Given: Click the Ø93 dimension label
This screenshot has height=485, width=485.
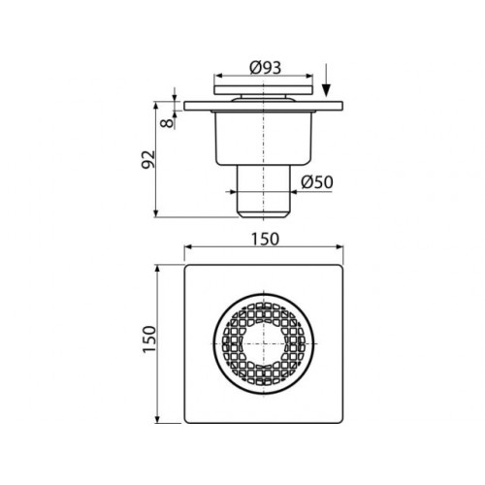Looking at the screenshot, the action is pos(266,68).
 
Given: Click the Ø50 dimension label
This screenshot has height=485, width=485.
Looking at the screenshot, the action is pos(317,182).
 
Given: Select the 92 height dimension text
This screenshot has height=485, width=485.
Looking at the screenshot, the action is pos(148,159).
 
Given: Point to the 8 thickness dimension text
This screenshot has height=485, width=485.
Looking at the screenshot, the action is pos(167,123).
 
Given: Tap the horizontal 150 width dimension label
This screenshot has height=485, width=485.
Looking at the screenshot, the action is pos(265,240).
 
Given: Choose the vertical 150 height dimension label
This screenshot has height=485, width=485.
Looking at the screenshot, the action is pos(149,339).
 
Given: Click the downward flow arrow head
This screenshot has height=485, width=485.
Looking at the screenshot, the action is pos(326,90).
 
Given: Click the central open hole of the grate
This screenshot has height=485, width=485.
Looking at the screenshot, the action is pos(264,343).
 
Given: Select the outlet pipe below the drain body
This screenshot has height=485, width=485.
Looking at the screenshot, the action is pos(264,191).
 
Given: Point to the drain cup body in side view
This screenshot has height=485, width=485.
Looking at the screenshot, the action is pos(264,139).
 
